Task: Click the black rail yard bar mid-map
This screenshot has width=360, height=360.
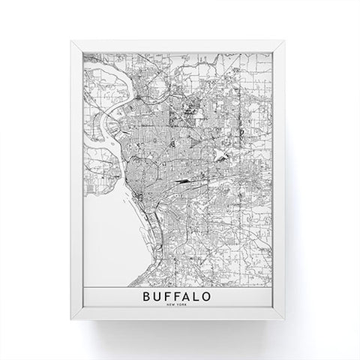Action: (182, 181)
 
